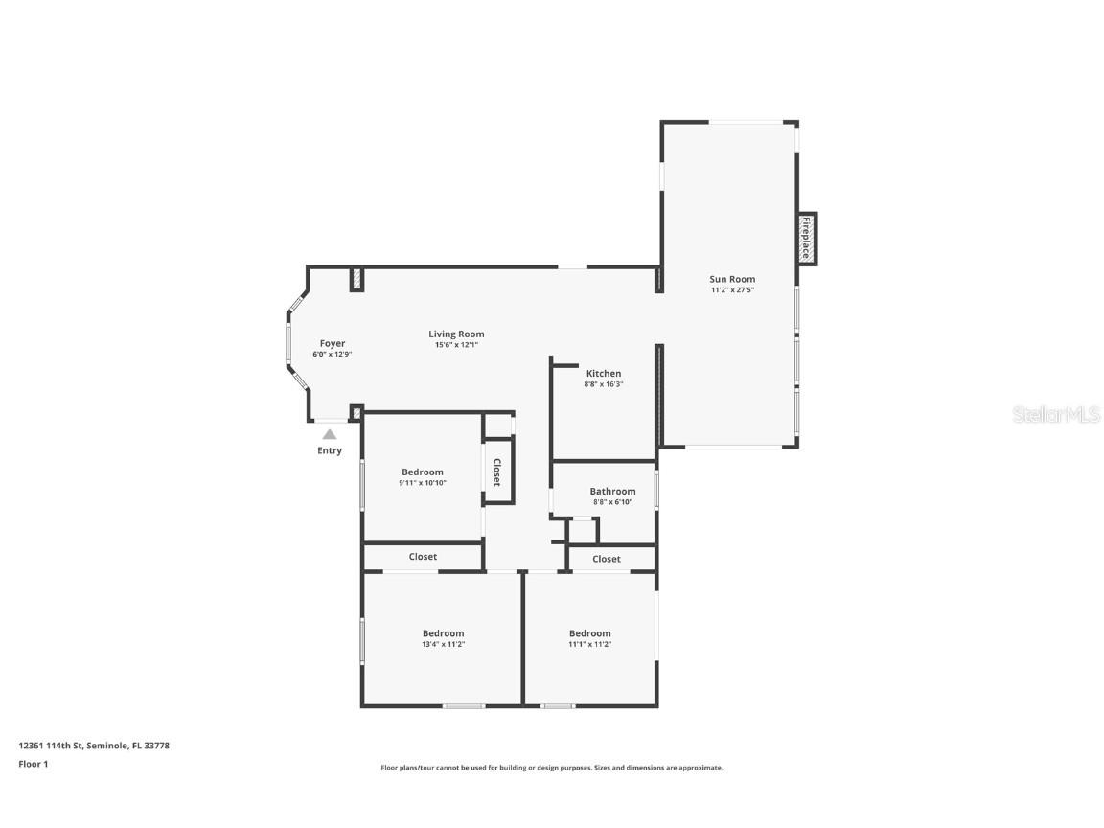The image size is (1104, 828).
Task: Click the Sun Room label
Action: point(732,279)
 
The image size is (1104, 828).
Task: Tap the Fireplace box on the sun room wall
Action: point(806,239)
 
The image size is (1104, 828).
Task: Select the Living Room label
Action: point(456,334)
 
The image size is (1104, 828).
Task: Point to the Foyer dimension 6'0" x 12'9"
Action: point(333,355)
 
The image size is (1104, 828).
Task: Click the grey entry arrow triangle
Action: point(330,434)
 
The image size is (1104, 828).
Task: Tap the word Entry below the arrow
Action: point(330,450)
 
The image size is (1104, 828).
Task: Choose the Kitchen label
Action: point(604,373)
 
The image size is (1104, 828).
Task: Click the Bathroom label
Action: point(612,491)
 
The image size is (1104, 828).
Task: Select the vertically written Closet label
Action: point(497,471)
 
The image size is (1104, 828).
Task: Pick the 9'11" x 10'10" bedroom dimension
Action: point(423,483)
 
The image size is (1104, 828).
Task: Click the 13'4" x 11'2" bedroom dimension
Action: point(443,644)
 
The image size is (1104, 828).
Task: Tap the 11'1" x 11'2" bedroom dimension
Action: point(589,644)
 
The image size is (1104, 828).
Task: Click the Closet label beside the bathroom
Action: point(607,559)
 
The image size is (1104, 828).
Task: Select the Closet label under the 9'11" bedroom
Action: point(423,556)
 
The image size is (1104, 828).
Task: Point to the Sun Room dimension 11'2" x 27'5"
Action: point(732,289)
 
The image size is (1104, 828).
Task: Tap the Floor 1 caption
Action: point(33,764)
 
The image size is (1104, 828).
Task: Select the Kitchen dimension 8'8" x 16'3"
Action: point(604,384)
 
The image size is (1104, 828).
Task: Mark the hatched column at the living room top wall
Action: point(356,279)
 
